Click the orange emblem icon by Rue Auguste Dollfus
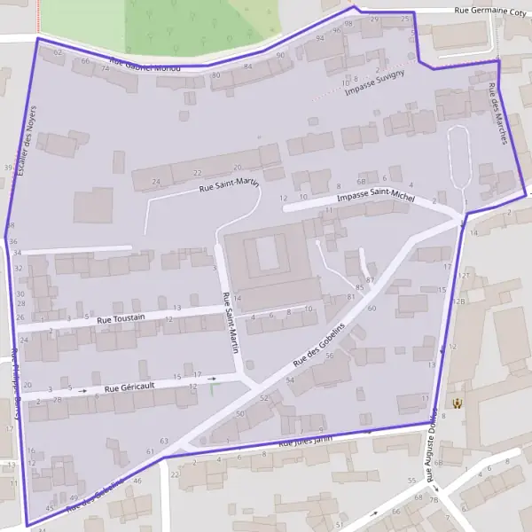(x=458, y=403)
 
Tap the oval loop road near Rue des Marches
(x=458, y=156)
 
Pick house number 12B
(x=458, y=301)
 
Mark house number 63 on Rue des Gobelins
(x=163, y=441)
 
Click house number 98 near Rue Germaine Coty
(x=348, y=23)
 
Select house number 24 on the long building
(x=156, y=182)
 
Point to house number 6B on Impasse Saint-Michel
(x=361, y=180)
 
